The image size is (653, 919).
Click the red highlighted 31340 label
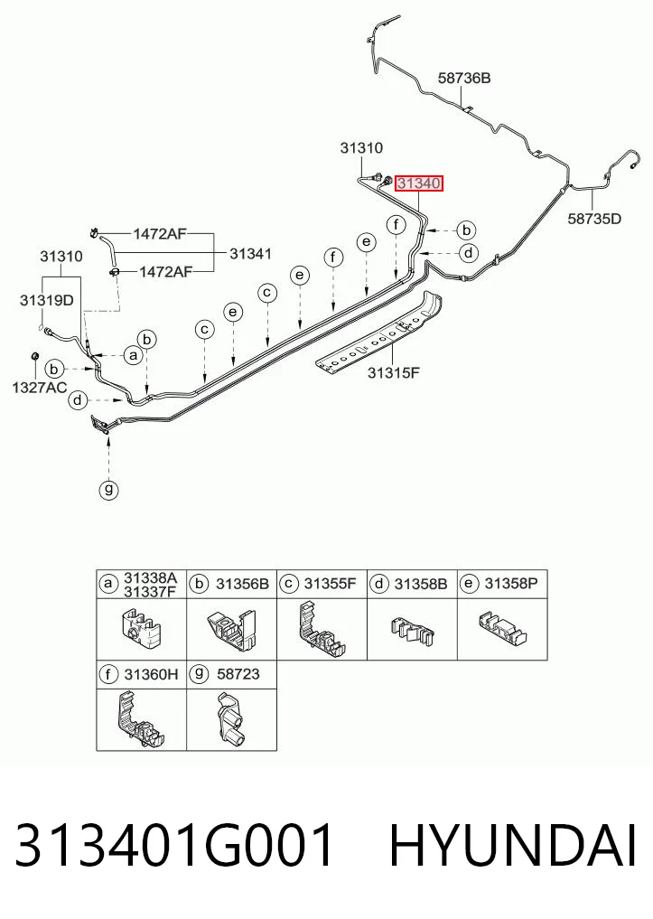(x=419, y=183)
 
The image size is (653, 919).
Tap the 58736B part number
(x=464, y=78)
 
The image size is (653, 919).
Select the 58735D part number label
(x=594, y=220)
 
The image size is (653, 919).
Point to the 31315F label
(x=394, y=372)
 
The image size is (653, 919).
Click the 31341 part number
(x=251, y=254)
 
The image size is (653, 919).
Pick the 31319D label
(x=47, y=301)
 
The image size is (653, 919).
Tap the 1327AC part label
(x=40, y=388)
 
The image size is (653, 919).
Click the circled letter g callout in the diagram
(x=108, y=489)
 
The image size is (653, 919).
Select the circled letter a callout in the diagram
(x=134, y=355)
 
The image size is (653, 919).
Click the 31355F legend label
(x=330, y=584)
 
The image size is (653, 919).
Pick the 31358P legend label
(x=511, y=584)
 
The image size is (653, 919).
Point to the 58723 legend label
(x=238, y=674)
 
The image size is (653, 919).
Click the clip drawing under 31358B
(x=412, y=631)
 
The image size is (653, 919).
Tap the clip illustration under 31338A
(x=141, y=628)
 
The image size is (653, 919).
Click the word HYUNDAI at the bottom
(x=513, y=846)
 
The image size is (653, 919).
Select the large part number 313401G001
(x=174, y=846)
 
